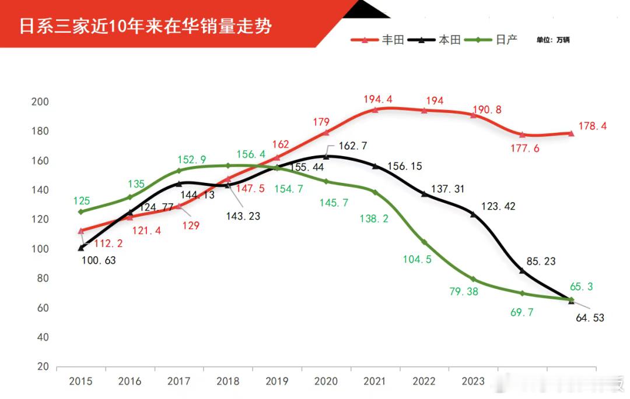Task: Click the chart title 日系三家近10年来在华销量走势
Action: [x=145, y=26]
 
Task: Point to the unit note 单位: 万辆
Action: [x=553, y=40]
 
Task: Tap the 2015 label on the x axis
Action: [x=80, y=382]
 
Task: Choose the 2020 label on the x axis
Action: [x=325, y=382]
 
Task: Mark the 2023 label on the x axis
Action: [x=473, y=382]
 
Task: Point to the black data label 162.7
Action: [x=352, y=146]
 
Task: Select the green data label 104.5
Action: [x=417, y=260]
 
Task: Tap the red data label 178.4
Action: [x=592, y=126]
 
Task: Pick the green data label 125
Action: [x=82, y=201]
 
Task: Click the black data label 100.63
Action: [x=98, y=260]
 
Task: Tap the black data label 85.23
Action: [x=541, y=262]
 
